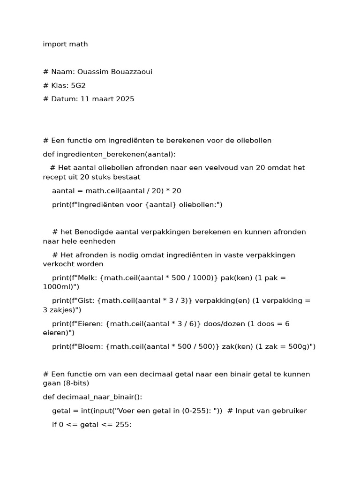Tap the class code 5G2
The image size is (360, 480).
click(78, 85)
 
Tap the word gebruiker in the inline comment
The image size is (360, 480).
click(289, 411)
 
